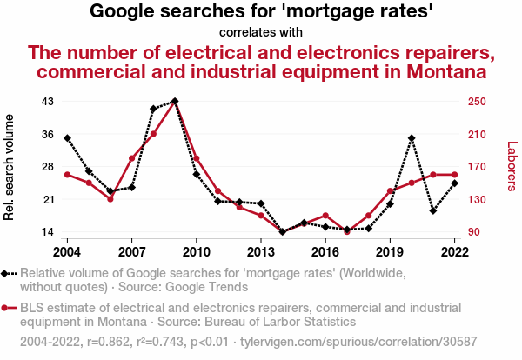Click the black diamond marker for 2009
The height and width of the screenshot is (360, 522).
(175, 101)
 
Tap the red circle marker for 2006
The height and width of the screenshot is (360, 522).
(110, 199)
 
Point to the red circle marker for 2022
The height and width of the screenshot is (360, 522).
(455, 175)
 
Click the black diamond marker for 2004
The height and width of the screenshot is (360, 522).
(67, 138)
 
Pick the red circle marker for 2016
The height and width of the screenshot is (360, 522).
(325, 216)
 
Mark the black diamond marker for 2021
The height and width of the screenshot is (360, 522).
(433, 210)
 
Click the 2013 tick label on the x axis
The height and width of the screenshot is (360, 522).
(261, 251)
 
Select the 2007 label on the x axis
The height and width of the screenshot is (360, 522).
(131, 251)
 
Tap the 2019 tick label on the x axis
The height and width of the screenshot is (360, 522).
(390, 251)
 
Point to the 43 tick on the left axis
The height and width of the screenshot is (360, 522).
(48, 101)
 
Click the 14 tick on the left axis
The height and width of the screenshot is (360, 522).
(48, 232)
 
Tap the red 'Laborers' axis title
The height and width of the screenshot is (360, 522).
(512, 167)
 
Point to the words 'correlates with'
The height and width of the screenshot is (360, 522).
(261, 32)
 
